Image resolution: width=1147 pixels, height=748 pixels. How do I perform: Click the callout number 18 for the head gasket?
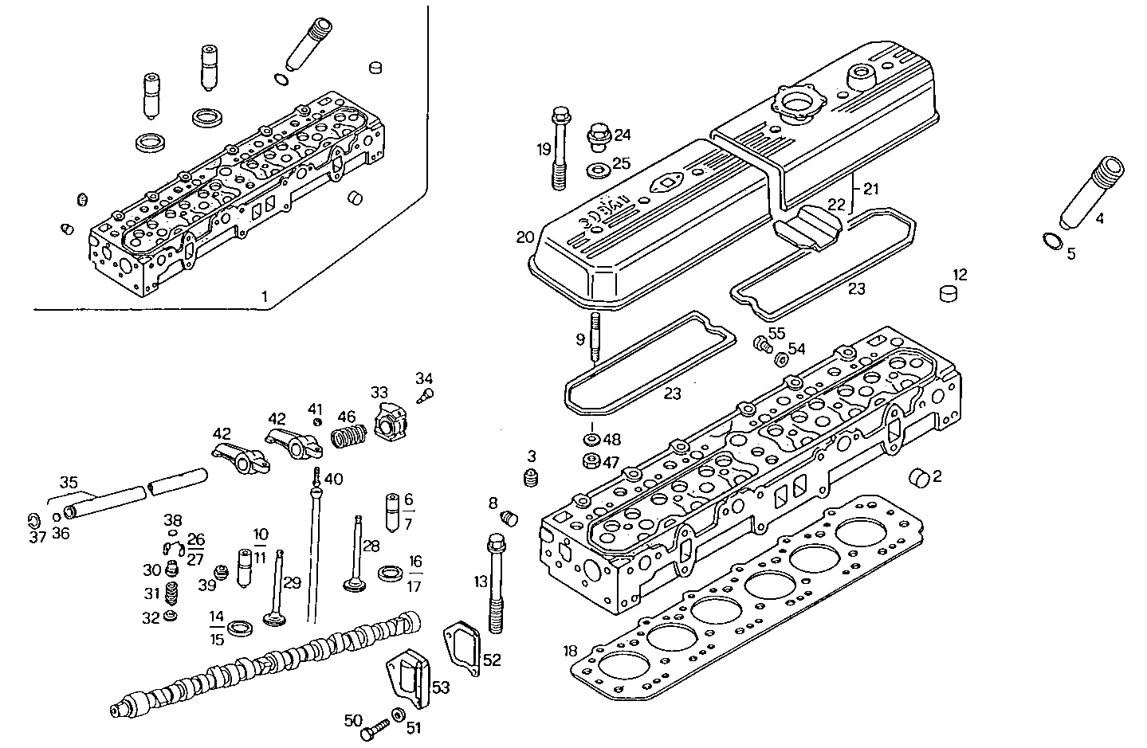(x=569, y=652)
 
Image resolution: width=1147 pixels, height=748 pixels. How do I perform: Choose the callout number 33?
(x=379, y=392)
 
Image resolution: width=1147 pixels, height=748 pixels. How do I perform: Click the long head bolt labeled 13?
(x=496, y=585)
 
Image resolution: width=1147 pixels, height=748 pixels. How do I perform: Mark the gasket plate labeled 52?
(x=463, y=648)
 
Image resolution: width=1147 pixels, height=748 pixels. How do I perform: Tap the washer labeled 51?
(x=398, y=715)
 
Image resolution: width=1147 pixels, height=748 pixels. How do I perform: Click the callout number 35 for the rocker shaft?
(x=69, y=482)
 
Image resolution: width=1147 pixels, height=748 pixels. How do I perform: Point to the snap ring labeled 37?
(x=33, y=521)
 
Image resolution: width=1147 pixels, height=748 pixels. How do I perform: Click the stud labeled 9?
(x=595, y=339)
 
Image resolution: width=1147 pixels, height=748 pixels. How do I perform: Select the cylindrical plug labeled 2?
(x=919, y=478)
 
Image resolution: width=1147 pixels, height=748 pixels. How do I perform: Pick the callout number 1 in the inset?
(x=264, y=296)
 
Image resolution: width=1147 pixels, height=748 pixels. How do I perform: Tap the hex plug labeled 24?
(x=597, y=136)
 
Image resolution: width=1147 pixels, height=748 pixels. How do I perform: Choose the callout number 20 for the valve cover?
(x=524, y=237)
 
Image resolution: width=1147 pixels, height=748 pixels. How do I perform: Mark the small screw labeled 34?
(x=427, y=393)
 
